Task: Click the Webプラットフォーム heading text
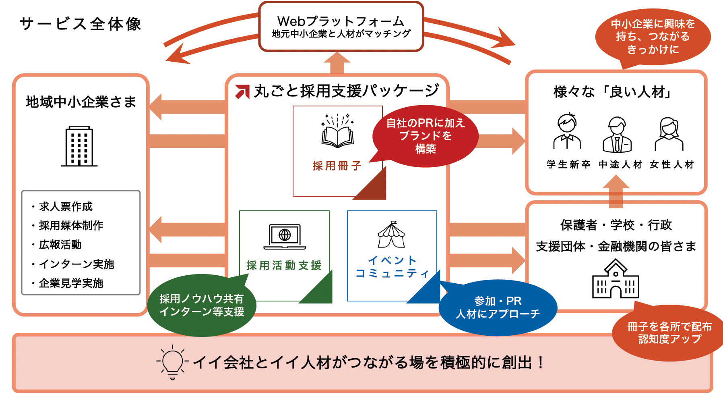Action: click(x=341, y=21)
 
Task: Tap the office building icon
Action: click(x=79, y=146)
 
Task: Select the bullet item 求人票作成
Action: click(x=66, y=207)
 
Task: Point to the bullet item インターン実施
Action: click(x=76, y=264)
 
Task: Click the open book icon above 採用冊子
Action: click(x=337, y=132)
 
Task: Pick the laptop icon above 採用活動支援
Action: click(x=285, y=237)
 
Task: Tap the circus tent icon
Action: click(x=391, y=235)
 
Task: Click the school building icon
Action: click(x=616, y=279)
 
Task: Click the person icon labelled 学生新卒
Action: click(x=567, y=131)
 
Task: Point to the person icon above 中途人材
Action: click(x=617, y=135)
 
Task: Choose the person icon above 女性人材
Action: click(x=669, y=134)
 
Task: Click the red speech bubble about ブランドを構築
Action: click(x=425, y=136)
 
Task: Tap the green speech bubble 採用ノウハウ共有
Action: click(x=202, y=305)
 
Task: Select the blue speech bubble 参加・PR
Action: click(x=498, y=308)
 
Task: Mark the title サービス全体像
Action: click(x=80, y=24)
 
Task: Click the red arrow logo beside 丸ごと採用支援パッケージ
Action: click(x=242, y=91)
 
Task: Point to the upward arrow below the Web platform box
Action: click(x=337, y=63)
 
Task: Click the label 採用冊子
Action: click(x=337, y=166)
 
